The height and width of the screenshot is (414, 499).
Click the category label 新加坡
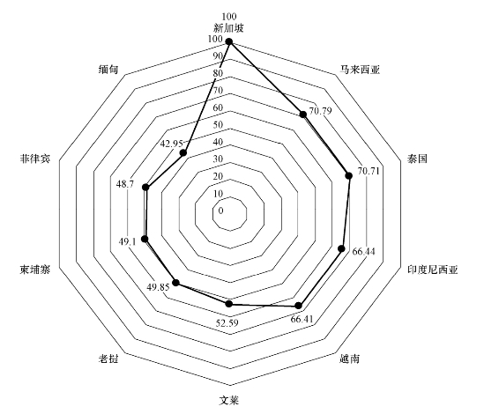(228, 28)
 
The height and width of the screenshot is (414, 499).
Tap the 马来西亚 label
(360, 70)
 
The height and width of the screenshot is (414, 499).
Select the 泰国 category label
(417, 159)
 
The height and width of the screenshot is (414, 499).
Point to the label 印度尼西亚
(433, 270)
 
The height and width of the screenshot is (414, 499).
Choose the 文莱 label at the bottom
(229, 400)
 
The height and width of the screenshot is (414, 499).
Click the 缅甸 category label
(108, 70)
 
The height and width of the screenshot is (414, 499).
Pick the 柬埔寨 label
(35, 270)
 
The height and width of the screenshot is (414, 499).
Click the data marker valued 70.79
(302, 115)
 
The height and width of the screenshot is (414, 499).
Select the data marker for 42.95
(183, 153)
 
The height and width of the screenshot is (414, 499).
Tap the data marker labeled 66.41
(298, 306)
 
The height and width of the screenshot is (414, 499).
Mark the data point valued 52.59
(229, 304)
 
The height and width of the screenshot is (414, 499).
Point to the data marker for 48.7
(145, 187)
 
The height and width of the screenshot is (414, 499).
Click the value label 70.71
(369, 172)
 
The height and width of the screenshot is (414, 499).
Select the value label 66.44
(364, 251)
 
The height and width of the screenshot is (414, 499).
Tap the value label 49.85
(158, 287)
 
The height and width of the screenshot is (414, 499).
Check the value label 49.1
(128, 242)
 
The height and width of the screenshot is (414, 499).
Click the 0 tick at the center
(221, 211)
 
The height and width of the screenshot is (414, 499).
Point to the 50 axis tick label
(218, 124)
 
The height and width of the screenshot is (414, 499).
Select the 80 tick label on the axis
(218, 73)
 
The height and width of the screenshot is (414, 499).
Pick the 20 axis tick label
(218, 176)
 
